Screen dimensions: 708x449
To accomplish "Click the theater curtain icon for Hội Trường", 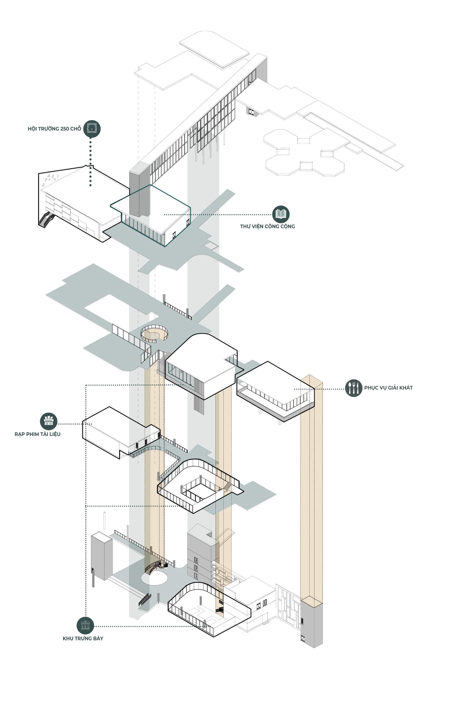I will coord(92,129).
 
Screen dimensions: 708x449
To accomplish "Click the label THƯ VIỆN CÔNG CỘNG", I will coord(267,226).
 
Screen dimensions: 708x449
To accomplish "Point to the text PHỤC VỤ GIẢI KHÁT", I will coord(388,388).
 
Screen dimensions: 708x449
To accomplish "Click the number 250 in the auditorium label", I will coord(65,129).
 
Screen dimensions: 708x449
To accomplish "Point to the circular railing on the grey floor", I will coord(154,333).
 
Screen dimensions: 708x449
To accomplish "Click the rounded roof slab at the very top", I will coord(214,49).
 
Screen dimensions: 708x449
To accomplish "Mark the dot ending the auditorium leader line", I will coord(90,185).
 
